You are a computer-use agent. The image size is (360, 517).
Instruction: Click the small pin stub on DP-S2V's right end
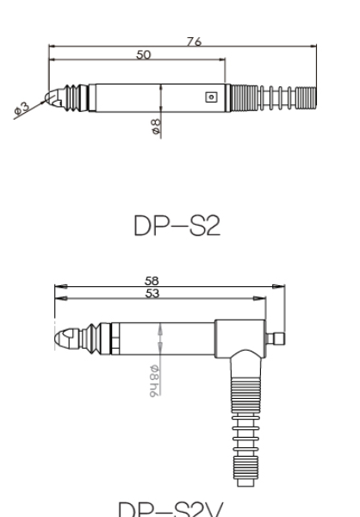(277, 336)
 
